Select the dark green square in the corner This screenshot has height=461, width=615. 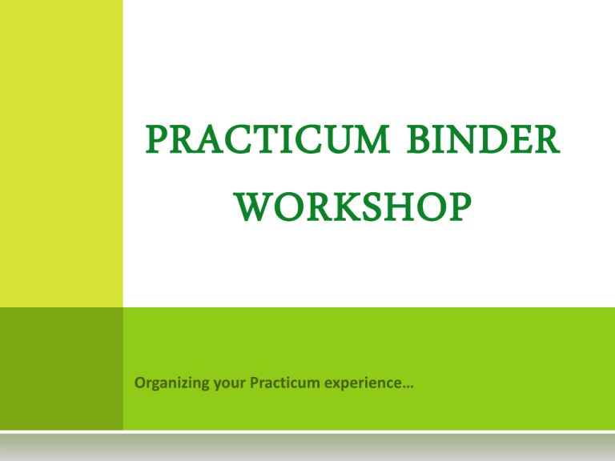coord(61,368)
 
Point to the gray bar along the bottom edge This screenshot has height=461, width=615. coord(307,447)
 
